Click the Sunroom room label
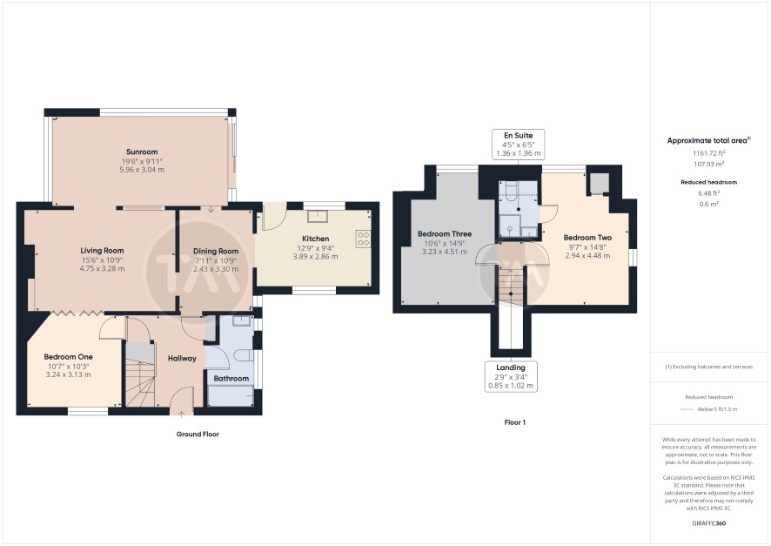click(x=142, y=152)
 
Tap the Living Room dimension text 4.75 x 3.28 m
click(x=102, y=268)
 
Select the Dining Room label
click(x=216, y=251)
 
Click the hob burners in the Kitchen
click(x=364, y=239)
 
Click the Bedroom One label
click(x=69, y=357)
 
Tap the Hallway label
click(x=182, y=359)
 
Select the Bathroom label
click(x=231, y=378)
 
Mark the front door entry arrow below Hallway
click(x=181, y=415)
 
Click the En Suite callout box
click(x=519, y=145)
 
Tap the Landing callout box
click(x=511, y=376)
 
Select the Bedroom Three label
click(x=445, y=234)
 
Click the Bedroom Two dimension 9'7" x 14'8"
click(x=587, y=247)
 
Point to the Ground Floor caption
click(x=198, y=435)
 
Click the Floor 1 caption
click(x=515, y=422)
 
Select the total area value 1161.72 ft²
click(x=709, y=153)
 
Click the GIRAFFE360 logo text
click(x=709, y=523)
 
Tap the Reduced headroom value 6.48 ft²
click(x=709, y=192)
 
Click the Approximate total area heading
click(x=709, y=140)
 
